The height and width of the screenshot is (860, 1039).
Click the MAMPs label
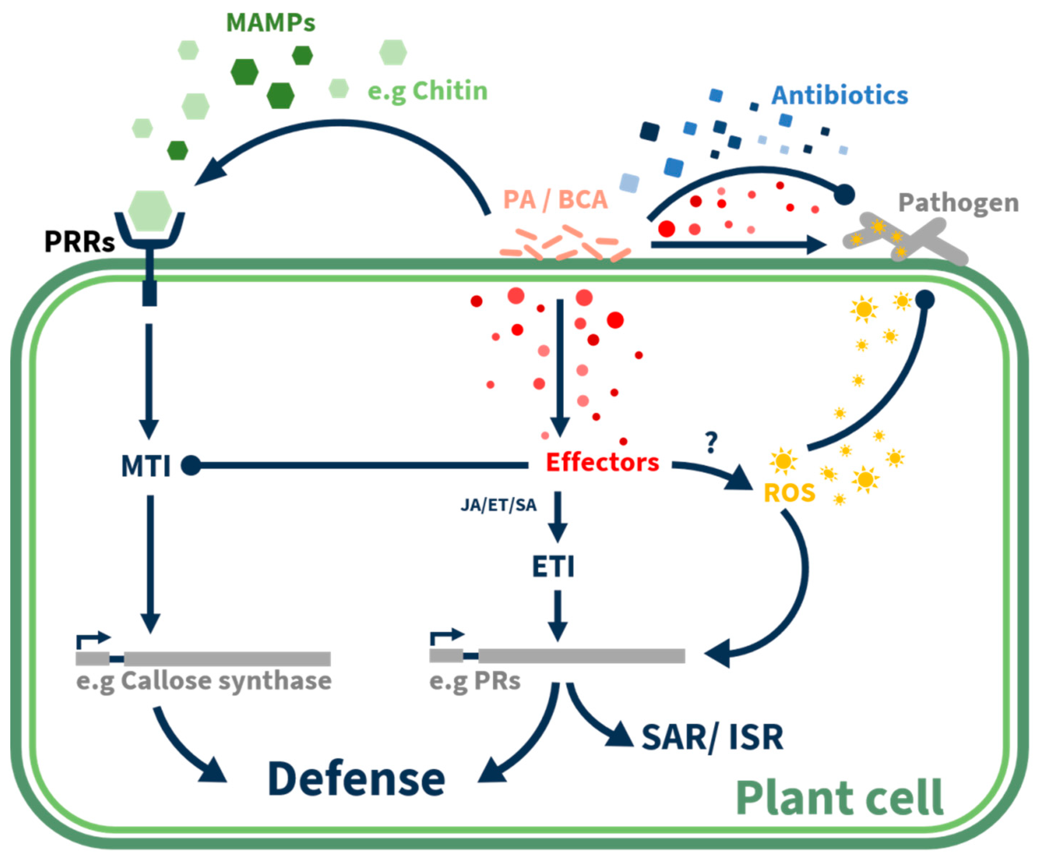coord(271,23)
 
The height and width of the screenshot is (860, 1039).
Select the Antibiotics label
coord(840,95)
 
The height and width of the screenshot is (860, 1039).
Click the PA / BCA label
coord(555,200)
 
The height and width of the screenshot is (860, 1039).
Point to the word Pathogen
coord(958,203)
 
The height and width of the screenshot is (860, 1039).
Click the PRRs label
coord(79,242)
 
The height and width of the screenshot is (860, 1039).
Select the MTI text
coord(146,466)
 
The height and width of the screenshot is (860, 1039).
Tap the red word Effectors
coord(602,462)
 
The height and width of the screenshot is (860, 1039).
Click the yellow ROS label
coord(789,493)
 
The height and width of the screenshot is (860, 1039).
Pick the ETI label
coord(553,567)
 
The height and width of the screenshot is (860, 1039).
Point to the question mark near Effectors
coord(712,442)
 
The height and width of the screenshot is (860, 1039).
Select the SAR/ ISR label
coord(712,738)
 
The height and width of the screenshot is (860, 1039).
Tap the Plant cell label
coord(840,798)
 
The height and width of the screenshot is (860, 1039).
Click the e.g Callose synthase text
coord(204,681)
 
